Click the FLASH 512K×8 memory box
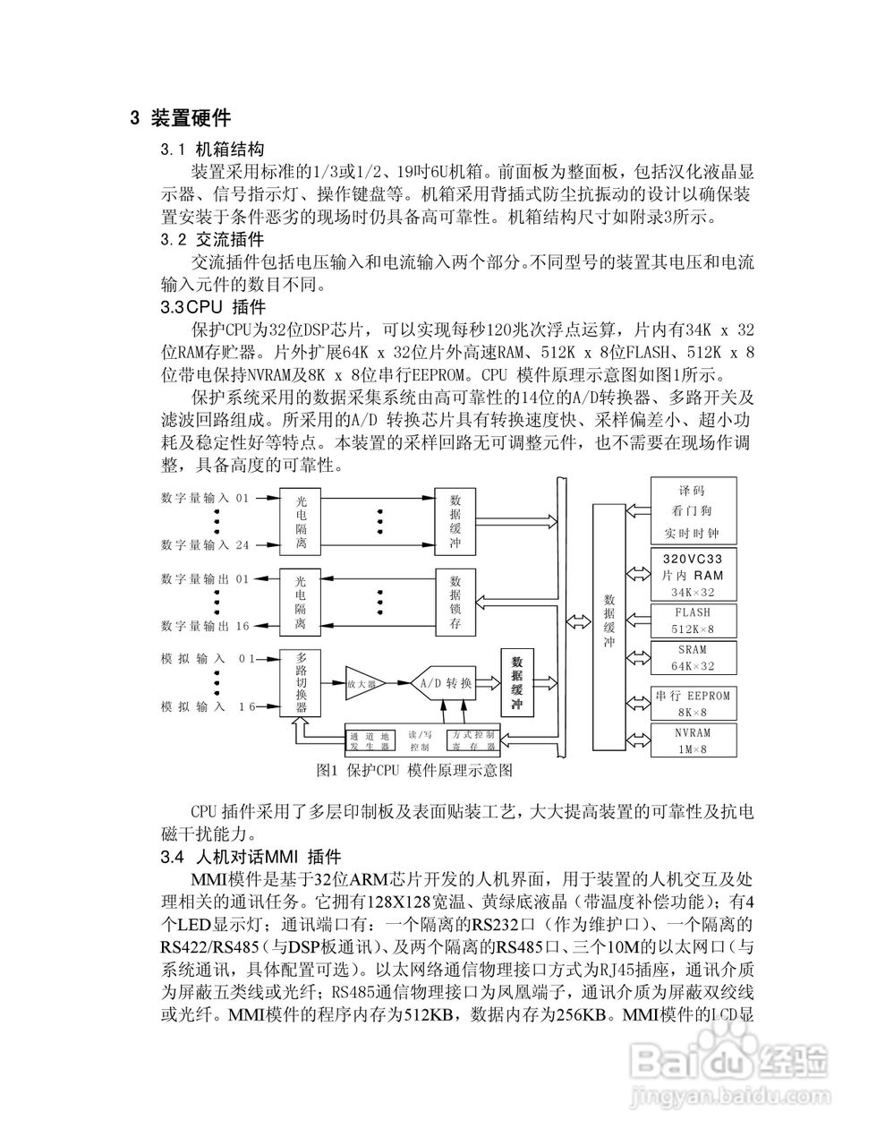pos(693,620)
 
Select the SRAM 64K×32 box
pos(693,657)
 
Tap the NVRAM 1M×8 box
pos(693,740)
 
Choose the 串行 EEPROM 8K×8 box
pos(693,703)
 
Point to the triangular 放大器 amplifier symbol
pos(362,683)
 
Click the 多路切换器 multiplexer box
pos(301,682)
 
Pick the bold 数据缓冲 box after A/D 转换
pos(516,683)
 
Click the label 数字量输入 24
pos(206,543)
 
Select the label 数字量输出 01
pos(206,578)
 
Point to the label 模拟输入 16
pos(208,706)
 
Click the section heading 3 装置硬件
pos(180,117)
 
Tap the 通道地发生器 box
pos(370,740)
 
